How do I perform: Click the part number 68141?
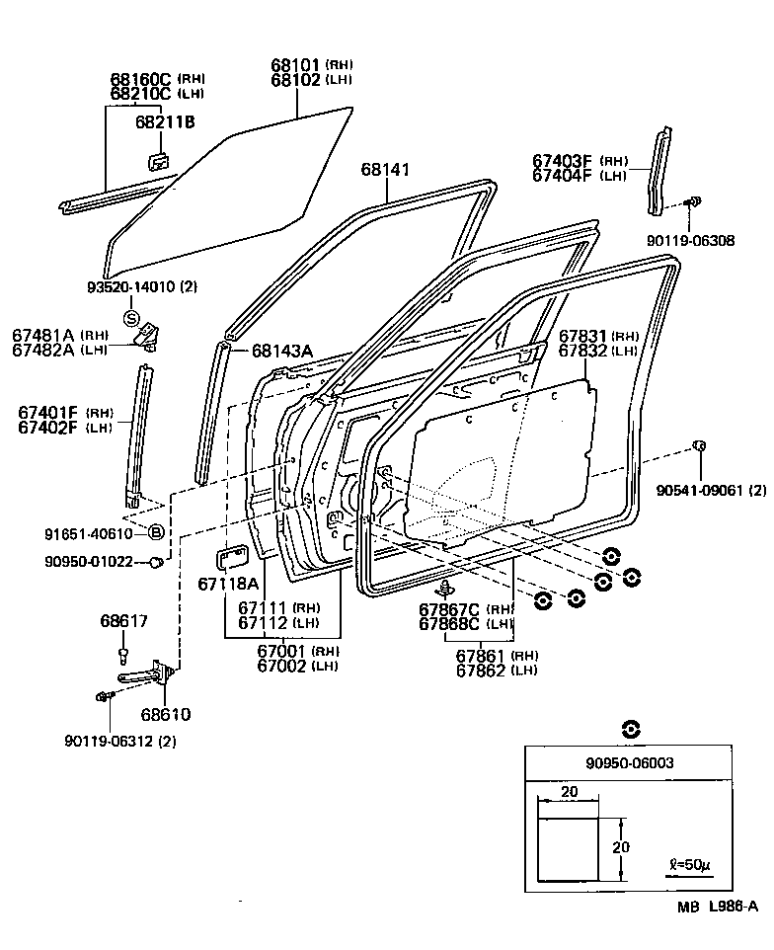click(x=385, y=170)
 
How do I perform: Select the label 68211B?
click(x=166, y=121)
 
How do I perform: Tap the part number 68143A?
click(x=281, y=351)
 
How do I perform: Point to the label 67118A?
click(x=227, y=584)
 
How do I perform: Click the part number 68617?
click(x=123, y=621)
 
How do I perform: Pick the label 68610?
click(x=165, y=714)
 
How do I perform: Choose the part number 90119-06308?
click(x=691, y=240)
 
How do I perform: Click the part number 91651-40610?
click(x=87, y=533)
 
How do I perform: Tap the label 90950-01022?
click(x=87, y=562)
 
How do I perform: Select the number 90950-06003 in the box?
click(x=629, y=762)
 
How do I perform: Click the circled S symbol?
click(x=131, y=317)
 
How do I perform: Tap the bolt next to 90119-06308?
click(x=694, y=202)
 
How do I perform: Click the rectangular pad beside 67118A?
click(x=233, y=556)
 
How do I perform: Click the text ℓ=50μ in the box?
click(x=689, y=864)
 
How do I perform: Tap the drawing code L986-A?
click(x=732, y=907)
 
